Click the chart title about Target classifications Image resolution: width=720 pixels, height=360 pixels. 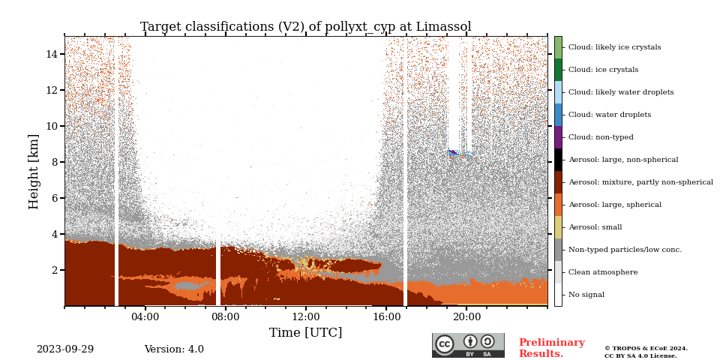305,27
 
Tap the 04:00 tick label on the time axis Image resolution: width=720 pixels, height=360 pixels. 145,316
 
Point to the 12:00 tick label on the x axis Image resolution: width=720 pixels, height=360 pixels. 306,316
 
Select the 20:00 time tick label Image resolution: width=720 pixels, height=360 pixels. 466,316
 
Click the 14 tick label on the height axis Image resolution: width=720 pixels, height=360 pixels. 52,54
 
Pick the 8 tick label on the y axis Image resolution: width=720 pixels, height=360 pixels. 55,162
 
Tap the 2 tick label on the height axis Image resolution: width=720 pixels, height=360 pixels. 55,270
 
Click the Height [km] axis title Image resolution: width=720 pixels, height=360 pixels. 34,171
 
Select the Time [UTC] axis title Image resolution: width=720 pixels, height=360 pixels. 305,332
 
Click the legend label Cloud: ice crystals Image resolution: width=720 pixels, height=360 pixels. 603,70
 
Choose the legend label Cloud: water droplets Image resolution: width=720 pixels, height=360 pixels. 610,115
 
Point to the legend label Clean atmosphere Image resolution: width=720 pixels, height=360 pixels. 603,272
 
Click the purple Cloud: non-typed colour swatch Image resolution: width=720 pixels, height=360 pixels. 558,137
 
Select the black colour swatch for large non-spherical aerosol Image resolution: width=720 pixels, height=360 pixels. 558,160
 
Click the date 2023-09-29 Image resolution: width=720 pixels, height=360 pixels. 65,349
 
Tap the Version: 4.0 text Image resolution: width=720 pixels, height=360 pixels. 174,349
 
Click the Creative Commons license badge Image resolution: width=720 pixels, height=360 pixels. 469,345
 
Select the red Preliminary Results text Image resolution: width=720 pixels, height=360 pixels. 551,348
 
